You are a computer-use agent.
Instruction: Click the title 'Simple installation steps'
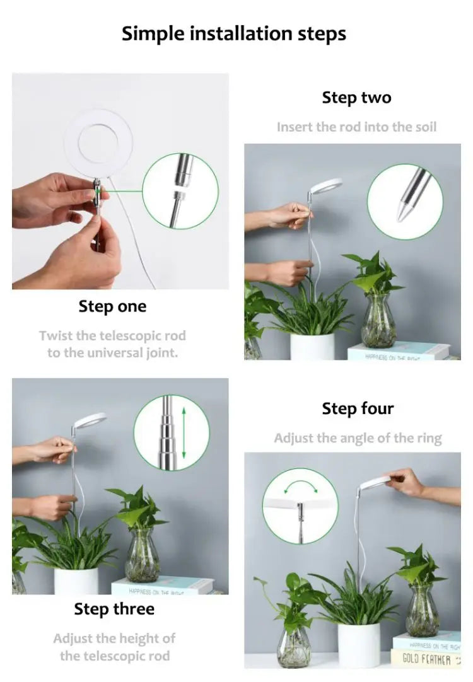[234, 33]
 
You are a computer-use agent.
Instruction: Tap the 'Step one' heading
[112, 307]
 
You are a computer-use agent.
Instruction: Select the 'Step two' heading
[356, 98]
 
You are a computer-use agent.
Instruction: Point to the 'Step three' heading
[114, 609]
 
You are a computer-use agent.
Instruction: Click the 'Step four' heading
[358, 408]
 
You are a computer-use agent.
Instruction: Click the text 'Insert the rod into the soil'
[356, 127]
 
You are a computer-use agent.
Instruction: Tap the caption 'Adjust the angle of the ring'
[358, 438]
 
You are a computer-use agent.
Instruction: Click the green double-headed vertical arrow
[184, 432]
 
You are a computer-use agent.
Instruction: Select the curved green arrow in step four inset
[300, 486]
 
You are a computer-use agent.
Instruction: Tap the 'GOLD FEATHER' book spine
[428, 659]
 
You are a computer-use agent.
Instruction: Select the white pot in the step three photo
[76, 581]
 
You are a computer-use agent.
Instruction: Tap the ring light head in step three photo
[88, 420]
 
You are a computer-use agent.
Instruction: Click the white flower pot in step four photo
[359, 644]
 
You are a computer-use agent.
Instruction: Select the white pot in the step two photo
[312, 346]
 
